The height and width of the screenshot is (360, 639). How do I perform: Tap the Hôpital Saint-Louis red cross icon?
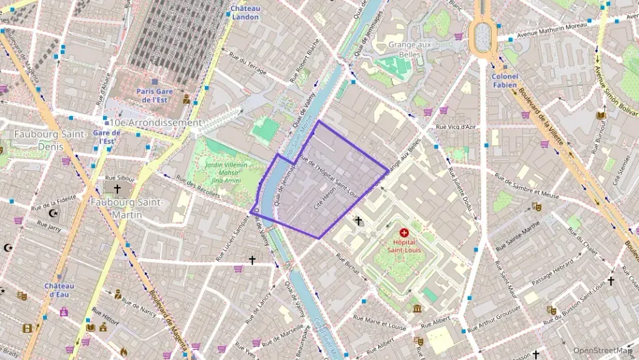pyautogui.click(x=403, y=233)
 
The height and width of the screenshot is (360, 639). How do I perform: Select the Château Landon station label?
pyautogui.click(x=244, y=12)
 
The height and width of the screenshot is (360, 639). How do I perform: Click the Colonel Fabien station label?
pyautogui.click(x=505, y=81)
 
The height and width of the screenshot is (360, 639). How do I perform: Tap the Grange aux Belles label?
pyautogui.click(x=412, y=49)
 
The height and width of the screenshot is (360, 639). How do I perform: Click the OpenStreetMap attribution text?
pyautogui.click(x=603, y=350)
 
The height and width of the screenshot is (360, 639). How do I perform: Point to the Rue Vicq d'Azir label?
pyautogui.click(x=456, y=127)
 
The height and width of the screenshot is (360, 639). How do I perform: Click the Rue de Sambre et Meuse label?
pyautogui.click(x=526, y=186)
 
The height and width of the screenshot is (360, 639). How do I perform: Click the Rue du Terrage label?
pyautogui.click(x=248, y=65)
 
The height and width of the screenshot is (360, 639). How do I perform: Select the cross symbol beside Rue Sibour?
pyautogui.click(x=117, y=189)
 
